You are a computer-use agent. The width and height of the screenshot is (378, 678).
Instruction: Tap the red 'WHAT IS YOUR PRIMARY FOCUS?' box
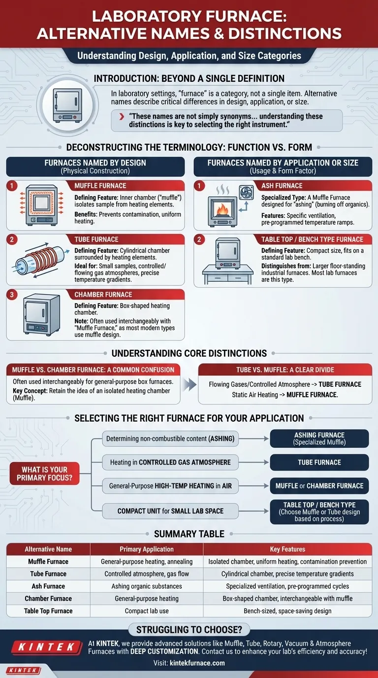pyautogui.click(x=44, y=474)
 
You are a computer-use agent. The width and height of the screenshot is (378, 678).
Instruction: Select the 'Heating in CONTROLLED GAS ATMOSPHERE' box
pyautogui.click(x=170, y=462)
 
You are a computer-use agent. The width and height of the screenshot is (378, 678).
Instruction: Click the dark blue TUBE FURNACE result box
pyautogui.click(x=319, y=462)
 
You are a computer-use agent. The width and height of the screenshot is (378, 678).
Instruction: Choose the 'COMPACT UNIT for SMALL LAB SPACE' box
pyautogui.click(x=170, y=511)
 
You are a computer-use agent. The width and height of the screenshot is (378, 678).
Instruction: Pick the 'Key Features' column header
pyautogui.click(x=287, y=549)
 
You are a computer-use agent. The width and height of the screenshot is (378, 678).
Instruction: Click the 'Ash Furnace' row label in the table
pyautogui.click(x=48, y=586)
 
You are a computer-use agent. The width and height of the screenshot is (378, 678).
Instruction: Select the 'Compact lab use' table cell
pyautogui.click(x=147, y=611)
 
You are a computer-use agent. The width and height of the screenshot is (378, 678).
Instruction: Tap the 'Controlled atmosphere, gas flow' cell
pyautogui.click(x=147, y=574)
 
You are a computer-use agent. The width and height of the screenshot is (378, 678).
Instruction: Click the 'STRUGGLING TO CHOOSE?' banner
pyautogui.click(x=189, y=629)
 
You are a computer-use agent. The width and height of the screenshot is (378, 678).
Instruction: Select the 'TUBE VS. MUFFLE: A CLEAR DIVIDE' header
pyautogui.click(x=285, y=370)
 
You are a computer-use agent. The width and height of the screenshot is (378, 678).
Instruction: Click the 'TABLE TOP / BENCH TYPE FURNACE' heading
pyautogui.click(x=313, y=239)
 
